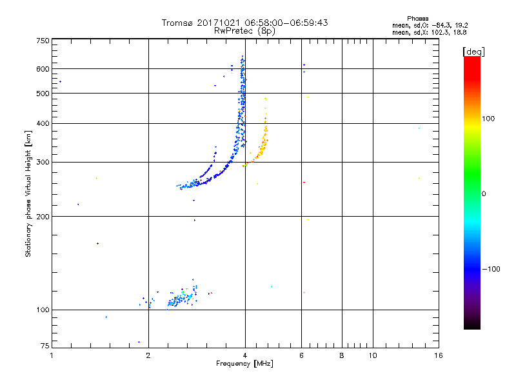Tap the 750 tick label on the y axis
(43, 41)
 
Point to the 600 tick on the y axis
(43, 68)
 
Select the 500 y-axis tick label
(43, 93)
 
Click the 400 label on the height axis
(43, 123)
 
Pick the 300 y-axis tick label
(43, 162)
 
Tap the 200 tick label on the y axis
(43, 216)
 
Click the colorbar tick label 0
(484, 193)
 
